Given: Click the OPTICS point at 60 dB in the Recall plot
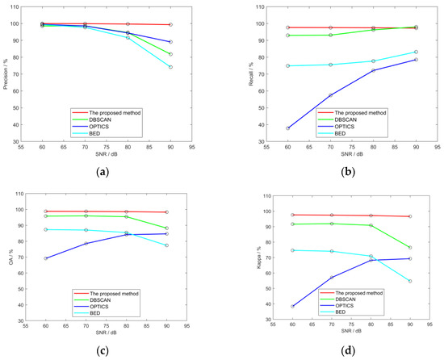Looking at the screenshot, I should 266,128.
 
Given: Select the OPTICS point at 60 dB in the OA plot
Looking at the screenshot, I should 46,258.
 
